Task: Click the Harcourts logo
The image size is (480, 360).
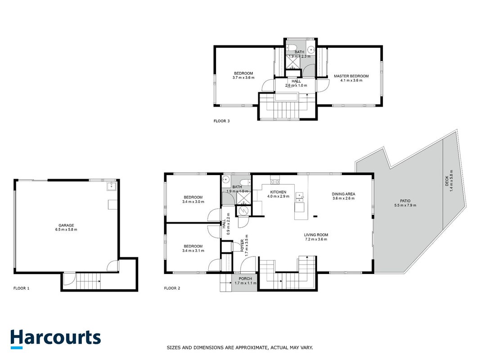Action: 55,339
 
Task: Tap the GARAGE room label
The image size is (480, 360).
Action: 67,225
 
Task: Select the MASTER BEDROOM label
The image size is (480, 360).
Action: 351,76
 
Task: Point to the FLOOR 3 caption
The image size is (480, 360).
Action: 222,121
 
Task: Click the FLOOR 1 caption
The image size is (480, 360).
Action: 22,288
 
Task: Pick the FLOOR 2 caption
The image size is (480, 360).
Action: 172,288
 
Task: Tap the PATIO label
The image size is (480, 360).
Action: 405,201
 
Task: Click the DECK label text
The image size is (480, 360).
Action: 447,181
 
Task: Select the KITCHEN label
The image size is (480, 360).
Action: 278,192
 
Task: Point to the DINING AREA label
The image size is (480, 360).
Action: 344,194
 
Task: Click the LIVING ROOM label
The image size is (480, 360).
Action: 316,235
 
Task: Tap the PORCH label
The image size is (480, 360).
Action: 245,279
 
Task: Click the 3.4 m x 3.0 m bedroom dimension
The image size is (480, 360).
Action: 193,202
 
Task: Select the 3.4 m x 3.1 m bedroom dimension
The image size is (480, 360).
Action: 193,251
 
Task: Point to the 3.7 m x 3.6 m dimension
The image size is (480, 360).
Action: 243,78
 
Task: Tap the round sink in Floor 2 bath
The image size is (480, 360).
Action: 226,180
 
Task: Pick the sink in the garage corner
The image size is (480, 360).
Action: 112,186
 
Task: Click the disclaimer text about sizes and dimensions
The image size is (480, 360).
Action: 240,347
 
